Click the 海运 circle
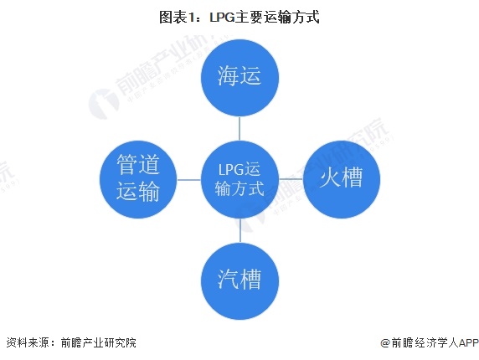coord(239,78)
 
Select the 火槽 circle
coord(341,179)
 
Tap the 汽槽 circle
coord(239,281)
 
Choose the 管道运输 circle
coord(138,179)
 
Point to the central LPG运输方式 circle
coord(239,179)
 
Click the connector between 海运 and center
coord(239,129)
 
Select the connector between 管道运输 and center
coord(189,179)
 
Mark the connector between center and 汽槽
coord(239,230)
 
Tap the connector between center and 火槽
coord(291,179)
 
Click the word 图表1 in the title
coord(177,17)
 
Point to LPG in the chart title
coord(222,17)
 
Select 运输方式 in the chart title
coord(291,17)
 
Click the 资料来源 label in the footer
coord(28,342)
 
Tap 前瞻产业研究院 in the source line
coord(98,342)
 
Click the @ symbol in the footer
coord(385,342)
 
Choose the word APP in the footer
coord(469,342)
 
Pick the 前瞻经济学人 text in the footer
coord(425,342)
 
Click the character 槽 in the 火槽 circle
coord(353,177)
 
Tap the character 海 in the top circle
coord(228,75)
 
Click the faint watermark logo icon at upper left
coord(104,104)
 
